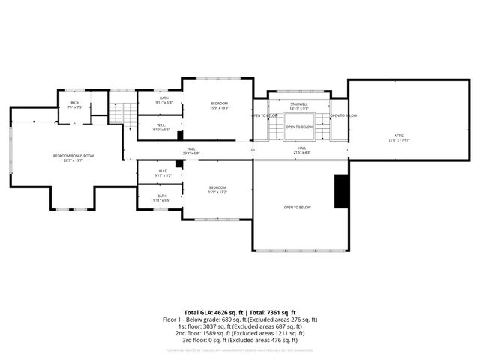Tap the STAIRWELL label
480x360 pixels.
pos(299,106)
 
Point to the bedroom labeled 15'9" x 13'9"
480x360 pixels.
pos(218,103)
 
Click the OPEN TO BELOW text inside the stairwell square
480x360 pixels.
pos(299,127)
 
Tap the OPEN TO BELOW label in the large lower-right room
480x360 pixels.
pos(298,207)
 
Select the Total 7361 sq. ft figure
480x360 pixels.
pos(270,312)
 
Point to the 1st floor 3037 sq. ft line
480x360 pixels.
pos(240,325)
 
